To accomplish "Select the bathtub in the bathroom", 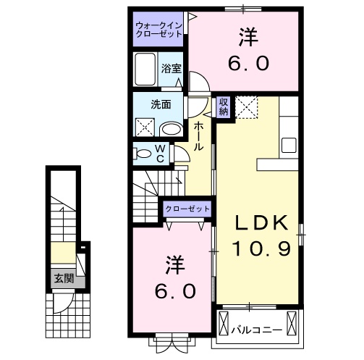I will pos(147,70).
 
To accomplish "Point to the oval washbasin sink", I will pos(171,129).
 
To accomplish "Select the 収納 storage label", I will pos(224,107).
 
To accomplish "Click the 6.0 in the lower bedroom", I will pos(174,291).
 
